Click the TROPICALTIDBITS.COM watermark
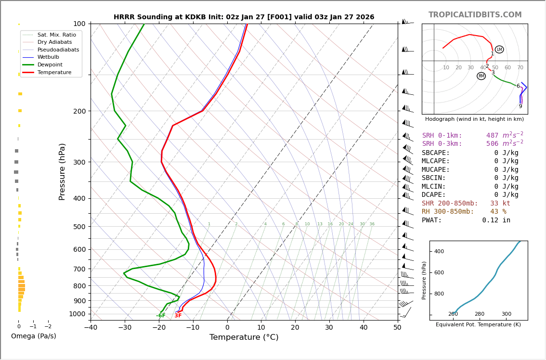(475, 15)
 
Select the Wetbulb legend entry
(48, 57)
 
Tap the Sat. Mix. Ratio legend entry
(56, 35)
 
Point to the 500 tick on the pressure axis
(79, 227)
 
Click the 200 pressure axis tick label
(79, 111)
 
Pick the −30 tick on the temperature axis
(125, 328)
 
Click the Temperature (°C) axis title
(244, 337)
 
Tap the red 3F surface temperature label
(178, 316)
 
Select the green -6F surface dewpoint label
(161, 316)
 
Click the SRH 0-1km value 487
(492, 136)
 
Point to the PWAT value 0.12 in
(496, 220)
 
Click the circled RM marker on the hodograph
(481, 76)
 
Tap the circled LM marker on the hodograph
(499, 50)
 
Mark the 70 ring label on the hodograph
(520, 68)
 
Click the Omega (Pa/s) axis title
(34, 336)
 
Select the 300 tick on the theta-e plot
(506, 314)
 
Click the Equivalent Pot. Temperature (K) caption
(478, 325)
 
